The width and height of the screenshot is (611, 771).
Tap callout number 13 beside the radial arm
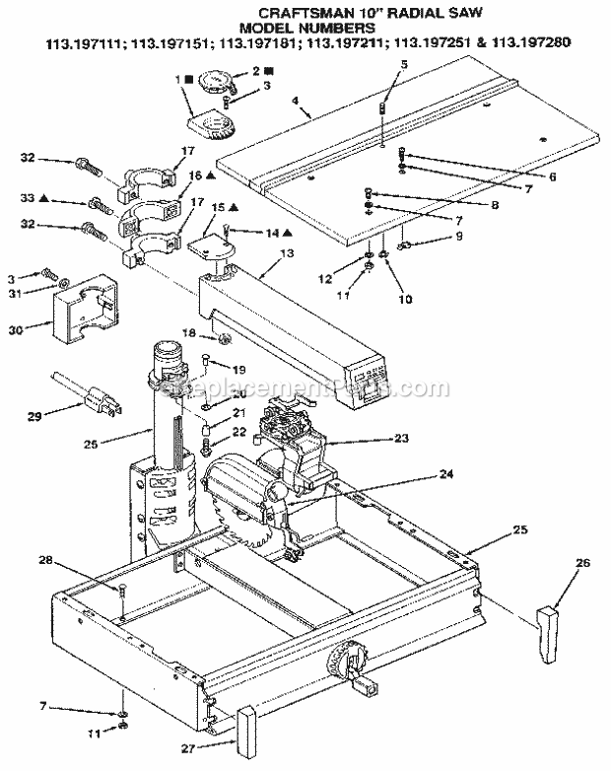click(287, 253)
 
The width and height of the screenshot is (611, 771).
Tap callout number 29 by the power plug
click(35, 417)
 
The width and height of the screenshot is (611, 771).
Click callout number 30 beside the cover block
click(30, 331)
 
